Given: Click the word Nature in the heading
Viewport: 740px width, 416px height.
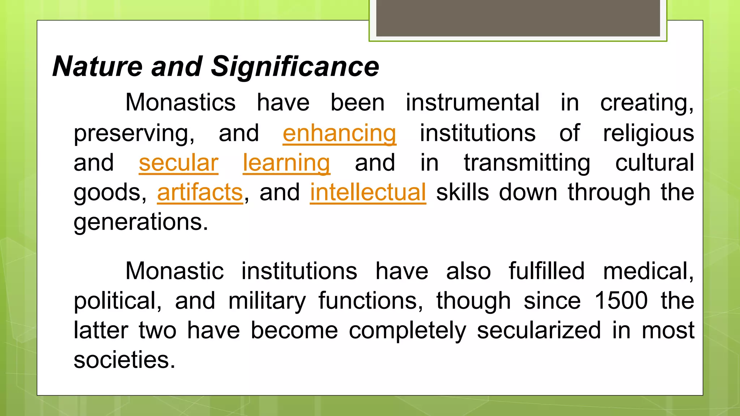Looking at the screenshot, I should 98,67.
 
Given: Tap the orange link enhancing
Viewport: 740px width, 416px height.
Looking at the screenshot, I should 339,134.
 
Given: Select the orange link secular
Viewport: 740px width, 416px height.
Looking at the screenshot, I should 178,163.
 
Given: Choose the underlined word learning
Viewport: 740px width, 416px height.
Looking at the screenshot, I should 286,163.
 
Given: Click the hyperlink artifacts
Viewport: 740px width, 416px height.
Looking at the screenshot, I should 200,192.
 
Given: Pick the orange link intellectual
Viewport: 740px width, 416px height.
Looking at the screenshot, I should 368,192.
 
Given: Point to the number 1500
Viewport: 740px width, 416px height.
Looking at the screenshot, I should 621,301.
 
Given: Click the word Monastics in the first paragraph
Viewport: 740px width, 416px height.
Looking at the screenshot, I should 180,103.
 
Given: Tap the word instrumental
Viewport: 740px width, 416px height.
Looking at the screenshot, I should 472,103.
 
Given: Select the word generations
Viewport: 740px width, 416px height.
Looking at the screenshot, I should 141,222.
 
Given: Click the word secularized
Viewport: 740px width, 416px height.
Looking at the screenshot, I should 539,330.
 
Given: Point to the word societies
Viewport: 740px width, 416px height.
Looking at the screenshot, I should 124,360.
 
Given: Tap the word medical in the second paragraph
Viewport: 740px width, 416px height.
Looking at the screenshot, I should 648,271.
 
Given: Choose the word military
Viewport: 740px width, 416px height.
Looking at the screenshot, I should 267,301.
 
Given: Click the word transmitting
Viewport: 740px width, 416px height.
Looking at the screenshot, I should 527,163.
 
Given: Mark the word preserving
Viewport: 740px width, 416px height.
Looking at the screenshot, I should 134,134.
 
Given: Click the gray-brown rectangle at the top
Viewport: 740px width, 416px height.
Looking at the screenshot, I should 518,18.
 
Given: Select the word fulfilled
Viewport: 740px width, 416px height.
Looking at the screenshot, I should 546,271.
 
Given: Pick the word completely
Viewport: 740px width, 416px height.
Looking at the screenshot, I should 407,330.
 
